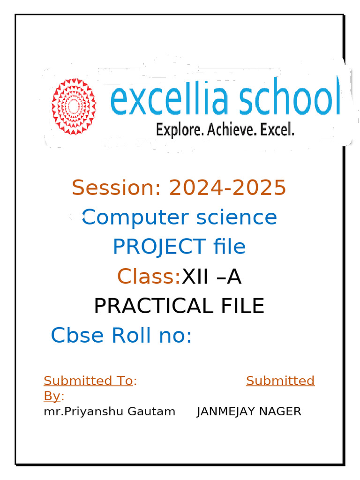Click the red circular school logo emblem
tap(74, 106)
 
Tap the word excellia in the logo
tap(169, 97)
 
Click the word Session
tap(116, 187)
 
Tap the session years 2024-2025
tap(227, 187)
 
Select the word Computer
tap(135, 218)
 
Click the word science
tap(237, 217)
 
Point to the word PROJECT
tap(159, 247)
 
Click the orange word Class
tap(149, 276)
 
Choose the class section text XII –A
tap(211, 277)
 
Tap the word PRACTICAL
tap(153, 306)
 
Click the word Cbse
tap(77, 335)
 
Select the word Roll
tap(131, 335)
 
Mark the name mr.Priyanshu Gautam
tap(110, 412)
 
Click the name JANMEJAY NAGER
tap(249, 412)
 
